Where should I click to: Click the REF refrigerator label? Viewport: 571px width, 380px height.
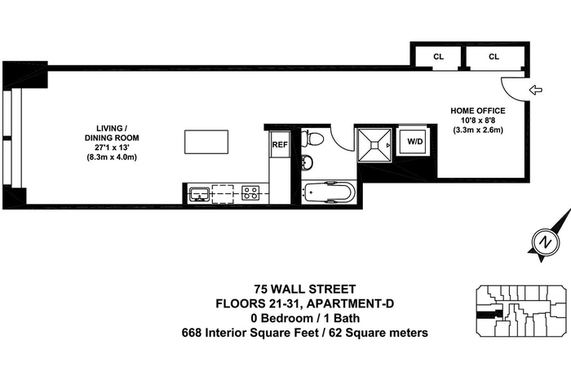pos(280,144)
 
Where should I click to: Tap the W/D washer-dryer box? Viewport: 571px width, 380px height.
pos(414,141)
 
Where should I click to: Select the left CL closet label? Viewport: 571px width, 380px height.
pos(439,57)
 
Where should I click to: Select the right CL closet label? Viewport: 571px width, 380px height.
pos(494,56)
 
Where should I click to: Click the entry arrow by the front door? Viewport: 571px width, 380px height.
pos(535,90)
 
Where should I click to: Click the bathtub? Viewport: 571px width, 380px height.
pos(330,192)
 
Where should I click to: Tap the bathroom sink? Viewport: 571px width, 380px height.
pos(307,162)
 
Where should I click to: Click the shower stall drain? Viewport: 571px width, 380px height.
pos(374,145)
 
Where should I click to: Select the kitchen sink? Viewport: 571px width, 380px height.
pos(199,193)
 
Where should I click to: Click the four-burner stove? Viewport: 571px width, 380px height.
pos(250,193)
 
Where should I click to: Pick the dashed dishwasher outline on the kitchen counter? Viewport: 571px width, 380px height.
pos(223,193)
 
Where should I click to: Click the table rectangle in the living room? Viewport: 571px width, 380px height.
pos(206,142)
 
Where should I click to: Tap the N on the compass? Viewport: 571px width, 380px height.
pos(545,242)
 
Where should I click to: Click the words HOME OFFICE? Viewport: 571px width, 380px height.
pos(478,111)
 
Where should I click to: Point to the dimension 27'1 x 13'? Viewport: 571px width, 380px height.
pos(112,148)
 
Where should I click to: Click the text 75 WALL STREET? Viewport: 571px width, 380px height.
pos(305,289)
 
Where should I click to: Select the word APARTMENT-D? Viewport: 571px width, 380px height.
pos(352,303)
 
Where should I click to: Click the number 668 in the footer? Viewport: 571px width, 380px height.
pos(192,333)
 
